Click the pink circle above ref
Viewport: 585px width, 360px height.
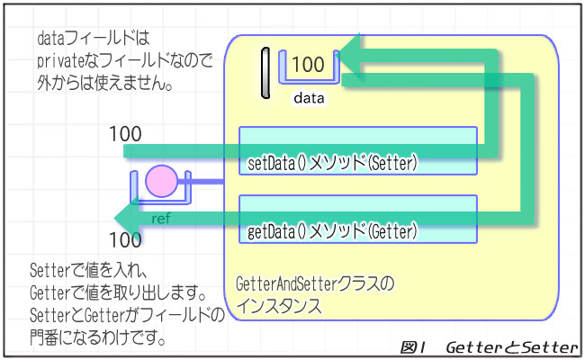[x=162, y=181]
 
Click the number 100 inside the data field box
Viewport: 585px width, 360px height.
[x=308, y=65]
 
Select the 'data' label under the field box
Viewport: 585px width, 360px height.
[x=309, y=97]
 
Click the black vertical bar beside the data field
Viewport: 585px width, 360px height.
[x=265, y=72]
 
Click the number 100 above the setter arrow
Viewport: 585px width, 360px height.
[x=125, y=134]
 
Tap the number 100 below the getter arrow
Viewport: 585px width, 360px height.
[x=125, y=240]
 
